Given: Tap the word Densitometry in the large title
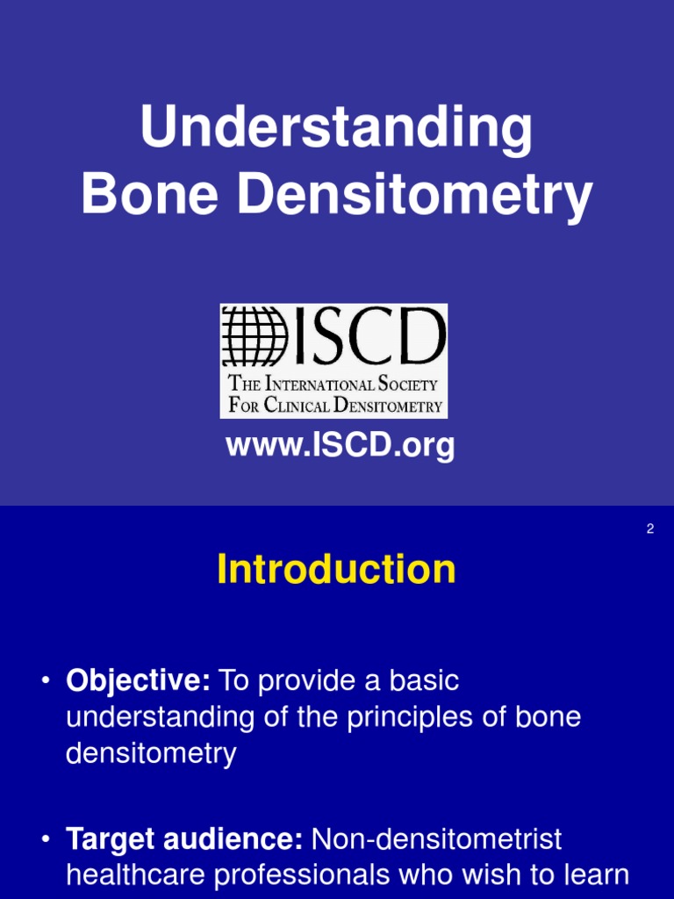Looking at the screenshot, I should point(415,197).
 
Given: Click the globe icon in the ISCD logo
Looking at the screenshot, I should point(255,337).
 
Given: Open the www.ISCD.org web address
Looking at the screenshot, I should point(341,446).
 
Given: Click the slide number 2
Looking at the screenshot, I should point(650,529).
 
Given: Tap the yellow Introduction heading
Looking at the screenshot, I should point(336,570).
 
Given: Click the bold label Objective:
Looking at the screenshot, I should point(138,680).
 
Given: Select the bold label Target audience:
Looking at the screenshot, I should point(184,840).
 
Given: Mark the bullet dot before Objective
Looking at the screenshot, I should point(45,681).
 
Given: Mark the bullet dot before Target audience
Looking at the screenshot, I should point(45,841).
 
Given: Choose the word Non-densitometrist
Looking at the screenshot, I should point(436,840).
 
